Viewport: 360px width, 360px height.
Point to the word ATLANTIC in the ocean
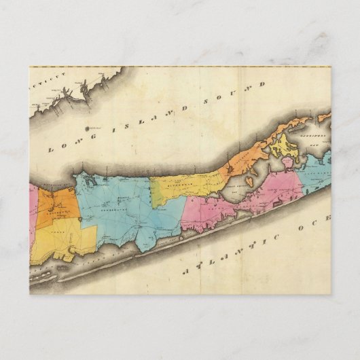[x=232, y=253]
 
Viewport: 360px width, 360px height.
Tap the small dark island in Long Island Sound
[x=87, y=126]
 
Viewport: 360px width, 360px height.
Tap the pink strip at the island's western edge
[x=32, y=211]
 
